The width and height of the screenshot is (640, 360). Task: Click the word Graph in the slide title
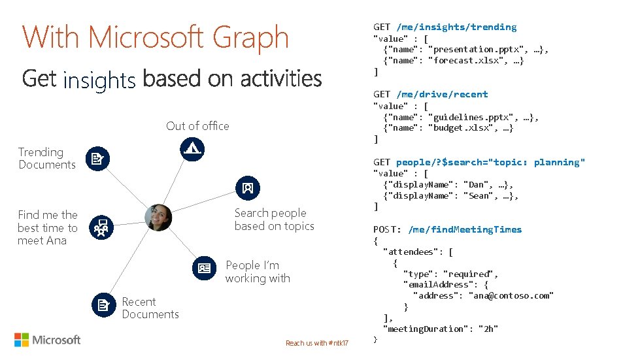tap(251, 38)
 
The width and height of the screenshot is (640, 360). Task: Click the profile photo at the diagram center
tap(158, 218)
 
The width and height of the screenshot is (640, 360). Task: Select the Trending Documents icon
tap(98, 158)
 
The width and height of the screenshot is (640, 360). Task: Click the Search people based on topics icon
tap(247, 188)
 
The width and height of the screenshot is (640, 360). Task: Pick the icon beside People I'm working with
tap(204, 268)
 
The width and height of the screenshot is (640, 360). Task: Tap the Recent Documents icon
tap(103, 305)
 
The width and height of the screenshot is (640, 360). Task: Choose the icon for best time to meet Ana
tap(101, 227)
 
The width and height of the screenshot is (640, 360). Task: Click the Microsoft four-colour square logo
tap(22, 340)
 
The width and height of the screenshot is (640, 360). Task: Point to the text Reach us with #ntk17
tap(317, 344)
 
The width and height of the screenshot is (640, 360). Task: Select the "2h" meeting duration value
tap(490, 329)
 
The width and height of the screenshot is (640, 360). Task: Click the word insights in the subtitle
tap(99, 80)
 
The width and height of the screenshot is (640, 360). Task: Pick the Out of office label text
tap(197, 126)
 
